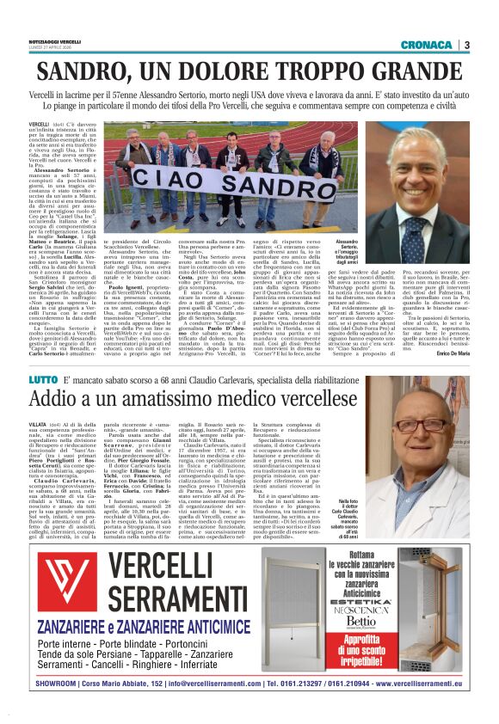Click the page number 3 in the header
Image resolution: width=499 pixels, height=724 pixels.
coord(466,45)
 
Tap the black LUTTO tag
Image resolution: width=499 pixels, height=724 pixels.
coord(66,379)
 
